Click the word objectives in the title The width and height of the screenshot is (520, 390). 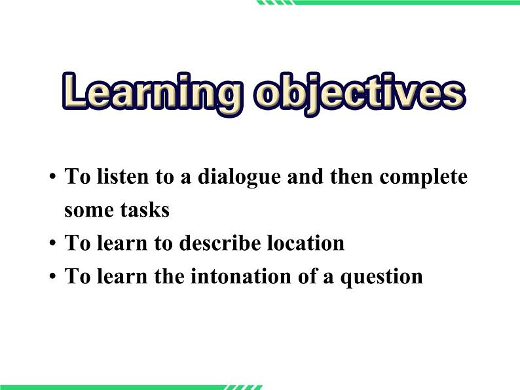pyautogui.click(x=360, y=93)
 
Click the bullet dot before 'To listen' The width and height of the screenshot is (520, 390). pyautogui.click(x=52, y=179)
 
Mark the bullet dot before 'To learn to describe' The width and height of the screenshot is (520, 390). pyautogui.click(x=52, y=244)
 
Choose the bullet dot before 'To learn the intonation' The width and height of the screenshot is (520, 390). pyautogui.click(x=52, y=277)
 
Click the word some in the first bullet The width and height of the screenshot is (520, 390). pyautogui.click(x=87, y=210)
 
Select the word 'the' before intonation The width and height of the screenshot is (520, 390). pyautogui.click(x=170, y=275)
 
